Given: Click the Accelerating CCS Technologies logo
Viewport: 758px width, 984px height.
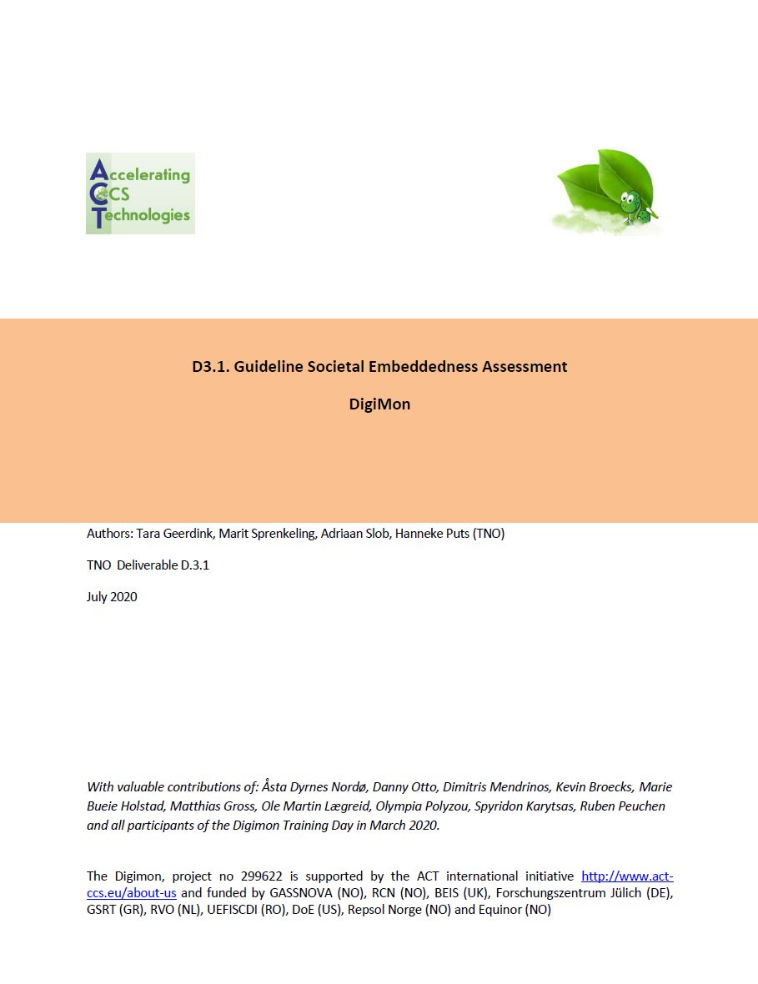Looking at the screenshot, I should click(x=140, y=193).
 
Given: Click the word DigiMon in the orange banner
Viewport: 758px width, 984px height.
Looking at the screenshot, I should click(x=379, y=405).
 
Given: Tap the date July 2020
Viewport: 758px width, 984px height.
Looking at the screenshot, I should click(x=112, y=597).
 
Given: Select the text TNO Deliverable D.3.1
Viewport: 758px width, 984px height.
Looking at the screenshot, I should click(x=148, y=565).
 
